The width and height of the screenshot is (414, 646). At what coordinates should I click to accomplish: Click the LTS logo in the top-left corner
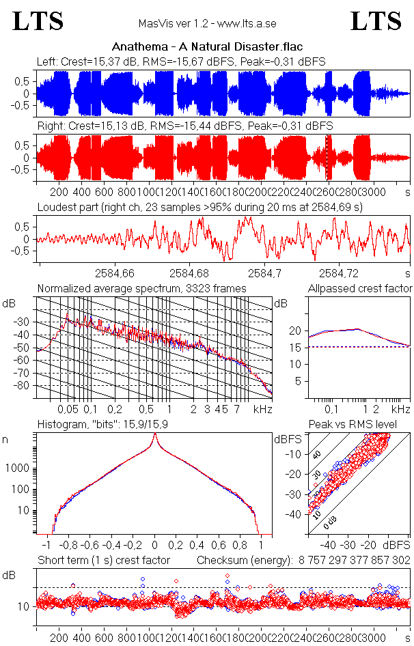[x=39, y=21]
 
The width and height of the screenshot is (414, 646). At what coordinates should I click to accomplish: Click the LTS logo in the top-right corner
[x=376, y=21]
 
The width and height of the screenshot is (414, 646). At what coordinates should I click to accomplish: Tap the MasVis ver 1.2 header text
[x=207, y=23]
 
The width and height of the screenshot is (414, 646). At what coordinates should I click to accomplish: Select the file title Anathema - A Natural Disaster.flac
[x=207, y=47]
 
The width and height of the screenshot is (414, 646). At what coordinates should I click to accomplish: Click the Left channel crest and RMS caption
[x=181, y=61]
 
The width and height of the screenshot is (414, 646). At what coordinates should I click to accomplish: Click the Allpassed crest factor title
[x=360, y=289]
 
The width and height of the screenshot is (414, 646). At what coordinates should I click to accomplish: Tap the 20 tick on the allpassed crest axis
[x=295, y=331]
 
